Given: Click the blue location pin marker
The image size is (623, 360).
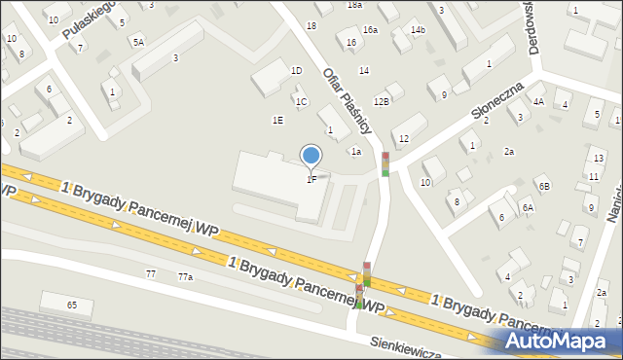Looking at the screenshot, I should point(311,156).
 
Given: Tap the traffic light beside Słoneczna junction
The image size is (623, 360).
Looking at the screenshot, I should point(385,164).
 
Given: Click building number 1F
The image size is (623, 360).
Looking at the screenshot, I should point(311,179).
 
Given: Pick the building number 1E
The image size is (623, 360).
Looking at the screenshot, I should point(277,121).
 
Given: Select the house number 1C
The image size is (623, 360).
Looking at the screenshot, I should point(302,101).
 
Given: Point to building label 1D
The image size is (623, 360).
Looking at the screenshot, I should point(296,71).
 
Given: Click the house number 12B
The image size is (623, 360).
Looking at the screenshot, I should point(382,101).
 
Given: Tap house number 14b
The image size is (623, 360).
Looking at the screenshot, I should point(418,30).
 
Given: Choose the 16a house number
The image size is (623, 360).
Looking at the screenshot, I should point(370,30).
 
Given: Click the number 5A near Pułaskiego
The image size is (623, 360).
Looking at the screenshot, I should point(138,42).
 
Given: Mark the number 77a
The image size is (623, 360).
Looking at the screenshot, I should point(185,277).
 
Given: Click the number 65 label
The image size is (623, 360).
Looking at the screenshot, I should point(72,306).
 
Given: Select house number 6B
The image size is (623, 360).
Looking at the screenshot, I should point(545,186).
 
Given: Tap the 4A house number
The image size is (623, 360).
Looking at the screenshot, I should point(538,100).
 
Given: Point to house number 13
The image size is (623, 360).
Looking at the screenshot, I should point(599,158).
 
